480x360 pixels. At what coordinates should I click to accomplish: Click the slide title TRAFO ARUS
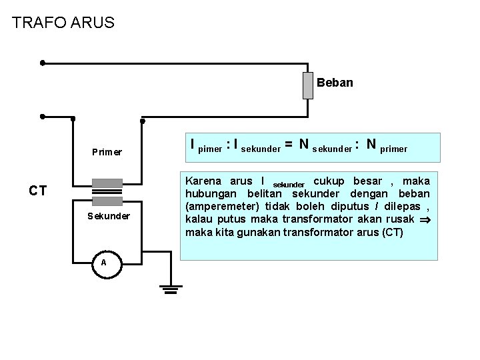[x=63, y=23]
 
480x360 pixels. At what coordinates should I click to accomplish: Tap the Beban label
[x=335, y=83]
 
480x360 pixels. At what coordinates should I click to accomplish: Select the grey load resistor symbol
[x=307, y=85]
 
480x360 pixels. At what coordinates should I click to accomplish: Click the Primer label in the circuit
[x=107, y=151]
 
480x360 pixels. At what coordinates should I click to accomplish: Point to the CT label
[x=37, y=191]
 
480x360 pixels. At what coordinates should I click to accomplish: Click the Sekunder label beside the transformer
[x=109, y=216]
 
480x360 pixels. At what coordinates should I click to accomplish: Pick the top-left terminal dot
[x=42, y=64]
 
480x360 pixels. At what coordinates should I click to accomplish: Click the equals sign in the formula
[x=289, y=144]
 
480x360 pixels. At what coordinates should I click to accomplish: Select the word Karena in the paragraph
[x=204, y=181]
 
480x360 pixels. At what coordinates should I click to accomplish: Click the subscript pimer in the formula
[x=210, y=150]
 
